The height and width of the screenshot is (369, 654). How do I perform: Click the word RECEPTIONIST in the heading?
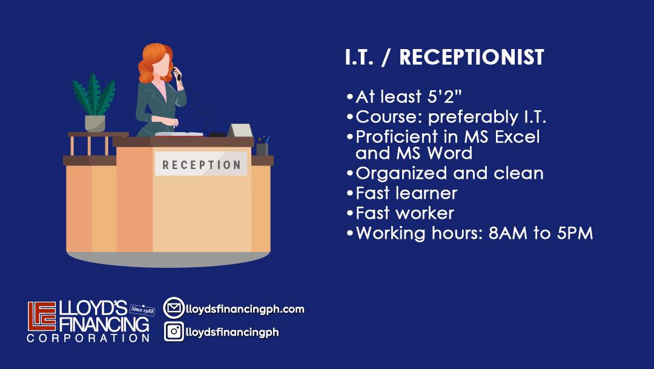471,57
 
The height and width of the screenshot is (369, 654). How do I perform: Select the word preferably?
473,118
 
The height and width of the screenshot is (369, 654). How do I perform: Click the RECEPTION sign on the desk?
201,164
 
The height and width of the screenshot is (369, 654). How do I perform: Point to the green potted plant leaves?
94,95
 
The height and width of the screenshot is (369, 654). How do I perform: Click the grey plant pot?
95,124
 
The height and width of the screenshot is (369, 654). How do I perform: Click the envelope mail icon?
174,308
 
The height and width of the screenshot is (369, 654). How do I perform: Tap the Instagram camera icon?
174,331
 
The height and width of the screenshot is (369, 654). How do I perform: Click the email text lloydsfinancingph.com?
245,309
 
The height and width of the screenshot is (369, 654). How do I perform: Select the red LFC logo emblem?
42,316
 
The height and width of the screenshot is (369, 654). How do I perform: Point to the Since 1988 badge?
142,310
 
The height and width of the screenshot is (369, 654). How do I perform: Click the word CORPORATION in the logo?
88,337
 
